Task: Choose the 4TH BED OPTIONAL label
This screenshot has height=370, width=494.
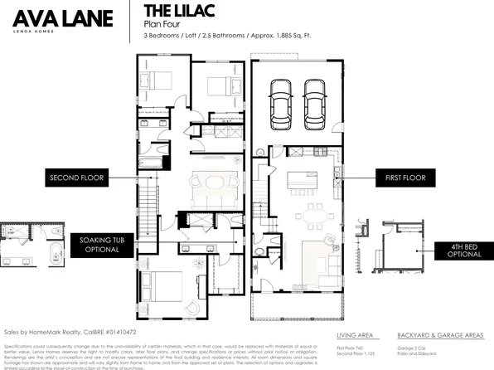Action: tap(457, 251)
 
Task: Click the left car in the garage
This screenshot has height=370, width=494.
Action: tap(278, 100)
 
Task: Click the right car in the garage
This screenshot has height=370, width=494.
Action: tap(313, 100)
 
